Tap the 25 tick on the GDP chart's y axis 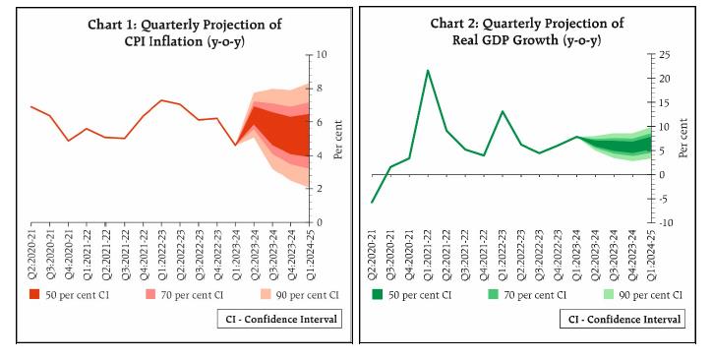[x=664, y=55]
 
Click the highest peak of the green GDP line [x=428, y=71]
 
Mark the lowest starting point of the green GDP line [x=373, y=203]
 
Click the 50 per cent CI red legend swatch [x=34, y=294]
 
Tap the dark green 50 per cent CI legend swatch [x=377, y=294]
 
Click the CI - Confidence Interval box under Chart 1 [x=279, y=319]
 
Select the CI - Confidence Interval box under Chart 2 [x=622, y=319]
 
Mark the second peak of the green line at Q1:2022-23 [x=503, y=111]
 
